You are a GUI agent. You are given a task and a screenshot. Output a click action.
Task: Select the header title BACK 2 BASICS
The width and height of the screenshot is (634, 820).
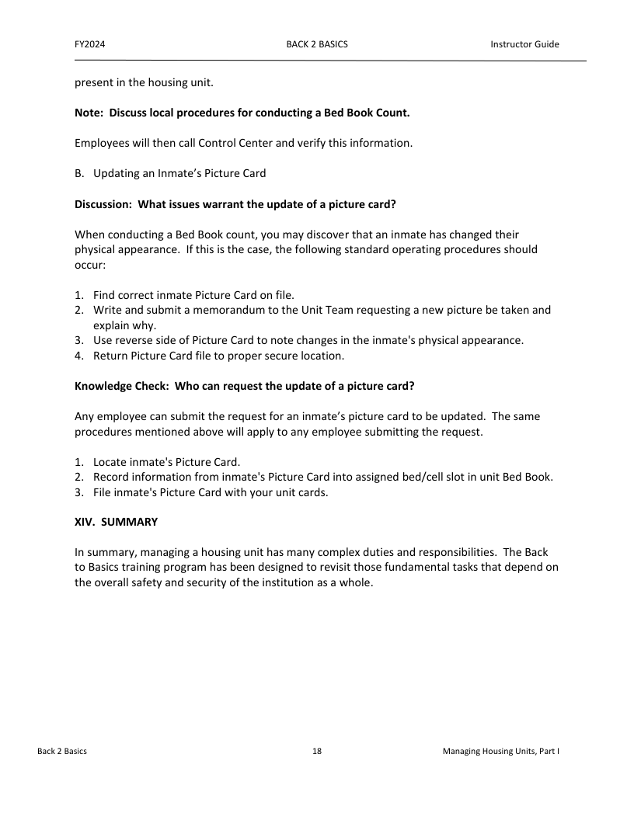pyautogui.click(x=317, y=44)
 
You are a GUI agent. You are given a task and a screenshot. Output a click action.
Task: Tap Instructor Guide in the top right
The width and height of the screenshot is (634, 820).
pyautogui.click(x=524, y=44)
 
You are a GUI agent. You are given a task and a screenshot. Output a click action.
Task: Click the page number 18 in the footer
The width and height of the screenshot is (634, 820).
pyautogui.click(x=317, y=752)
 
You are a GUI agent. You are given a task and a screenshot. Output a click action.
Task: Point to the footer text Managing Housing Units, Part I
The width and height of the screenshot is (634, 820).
pyautogui.click(x=501, y=752)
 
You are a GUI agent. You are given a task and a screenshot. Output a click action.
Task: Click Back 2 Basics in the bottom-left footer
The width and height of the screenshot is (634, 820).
pyautogui.click(x=62, y=752)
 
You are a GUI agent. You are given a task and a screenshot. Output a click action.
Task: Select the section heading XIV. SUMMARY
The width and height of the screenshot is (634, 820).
pyautogui.click(x=116, y=522)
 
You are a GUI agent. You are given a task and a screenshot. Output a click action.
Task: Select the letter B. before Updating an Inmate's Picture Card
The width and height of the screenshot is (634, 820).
pyautogui.click(x=80, y=173)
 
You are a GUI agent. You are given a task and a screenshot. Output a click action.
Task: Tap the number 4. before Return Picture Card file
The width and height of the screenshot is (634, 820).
pyautogui.click(x=79, y=356)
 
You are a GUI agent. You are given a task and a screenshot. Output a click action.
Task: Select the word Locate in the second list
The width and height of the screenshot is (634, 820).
pyautogui.click(x=110, y=461)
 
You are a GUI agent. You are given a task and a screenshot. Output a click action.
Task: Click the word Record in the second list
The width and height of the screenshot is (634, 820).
pyautogui.click(x=111, y=477)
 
